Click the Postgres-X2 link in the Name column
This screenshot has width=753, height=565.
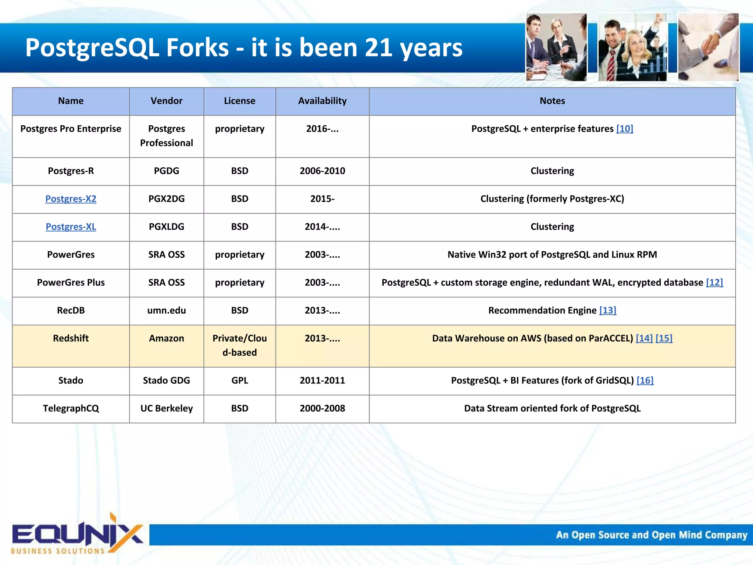tap(71, 199)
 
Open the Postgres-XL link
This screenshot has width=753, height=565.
tap(71, 227)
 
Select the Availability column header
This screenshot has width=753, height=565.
tap(322, 101)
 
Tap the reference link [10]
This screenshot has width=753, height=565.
tap(624, 129)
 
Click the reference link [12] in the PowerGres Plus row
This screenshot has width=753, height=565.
tap(714, 282)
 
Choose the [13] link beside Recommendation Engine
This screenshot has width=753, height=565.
tap(607, 310)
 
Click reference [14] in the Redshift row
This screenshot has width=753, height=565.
tap(644, 338)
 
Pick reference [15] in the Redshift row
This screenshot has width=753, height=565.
tap(664, 338)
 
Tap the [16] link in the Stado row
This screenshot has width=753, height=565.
tap(645, 380)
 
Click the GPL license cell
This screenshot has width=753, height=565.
tap(239, 380)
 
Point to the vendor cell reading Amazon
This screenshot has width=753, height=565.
tap(166, 338)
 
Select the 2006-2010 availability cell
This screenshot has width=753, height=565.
tap(322, 171)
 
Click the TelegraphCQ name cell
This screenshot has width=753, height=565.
tap(71, 408)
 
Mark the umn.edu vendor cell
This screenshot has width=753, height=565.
tap(166, 310)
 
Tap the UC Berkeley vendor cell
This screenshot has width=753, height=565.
tap(166, 408)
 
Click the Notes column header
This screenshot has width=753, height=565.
tap(552, 101)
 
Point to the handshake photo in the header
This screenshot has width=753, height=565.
tap(708, 47)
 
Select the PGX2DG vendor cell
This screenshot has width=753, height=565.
tap(166, 199)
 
